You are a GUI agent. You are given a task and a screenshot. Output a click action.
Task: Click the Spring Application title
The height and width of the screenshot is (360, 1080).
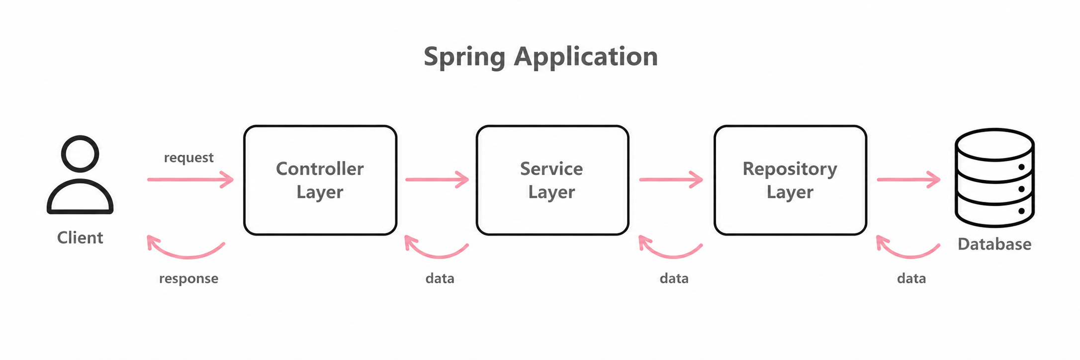pos(540,57)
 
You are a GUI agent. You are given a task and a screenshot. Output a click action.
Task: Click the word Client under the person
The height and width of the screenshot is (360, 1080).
pos(80,238)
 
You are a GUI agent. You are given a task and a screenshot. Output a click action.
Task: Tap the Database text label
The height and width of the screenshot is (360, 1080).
pos(994,244)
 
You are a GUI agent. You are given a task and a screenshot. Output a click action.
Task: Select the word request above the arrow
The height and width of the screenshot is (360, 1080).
pos(188,158)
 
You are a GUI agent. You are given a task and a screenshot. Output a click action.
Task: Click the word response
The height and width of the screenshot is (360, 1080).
pos(188,278)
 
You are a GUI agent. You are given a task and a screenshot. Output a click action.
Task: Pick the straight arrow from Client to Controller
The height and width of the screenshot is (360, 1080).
pos(190,180)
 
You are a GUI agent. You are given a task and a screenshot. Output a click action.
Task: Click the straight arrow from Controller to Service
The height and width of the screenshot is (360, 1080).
pos(437,180)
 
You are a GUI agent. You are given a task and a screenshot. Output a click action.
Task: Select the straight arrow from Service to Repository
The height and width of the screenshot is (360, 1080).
pos(671,180)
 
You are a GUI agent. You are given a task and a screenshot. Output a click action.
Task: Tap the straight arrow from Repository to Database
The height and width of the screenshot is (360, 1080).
pos(908,180)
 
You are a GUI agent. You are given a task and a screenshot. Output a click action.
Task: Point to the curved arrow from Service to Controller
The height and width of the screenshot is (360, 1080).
pos(439,257)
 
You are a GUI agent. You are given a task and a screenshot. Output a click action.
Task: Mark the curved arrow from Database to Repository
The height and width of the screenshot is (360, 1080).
pos(910,257)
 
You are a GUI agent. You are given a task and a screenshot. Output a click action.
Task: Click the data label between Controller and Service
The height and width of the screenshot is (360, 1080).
pos(440,278)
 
